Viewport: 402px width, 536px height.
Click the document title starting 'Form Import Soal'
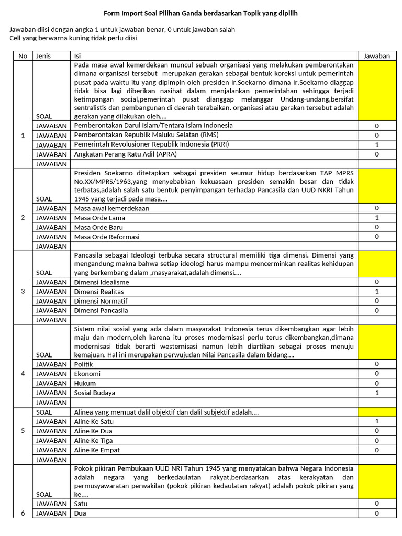coord(200,13)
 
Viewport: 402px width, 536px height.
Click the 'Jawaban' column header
coord(377,56)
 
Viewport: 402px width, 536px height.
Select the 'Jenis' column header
coord(43,56)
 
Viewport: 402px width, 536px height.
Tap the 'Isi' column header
coord(77,56)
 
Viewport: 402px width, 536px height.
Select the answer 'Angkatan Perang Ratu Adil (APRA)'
coord(125,154)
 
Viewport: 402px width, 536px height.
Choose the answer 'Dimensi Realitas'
coord(102,292)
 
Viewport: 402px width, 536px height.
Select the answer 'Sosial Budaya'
coord(95,393)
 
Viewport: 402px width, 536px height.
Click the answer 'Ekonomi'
coord(87,374)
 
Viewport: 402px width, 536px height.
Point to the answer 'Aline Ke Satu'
coord(94,421)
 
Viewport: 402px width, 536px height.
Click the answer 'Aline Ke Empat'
coord(97,450)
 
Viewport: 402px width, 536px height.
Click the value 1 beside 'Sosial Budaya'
coord(377,393)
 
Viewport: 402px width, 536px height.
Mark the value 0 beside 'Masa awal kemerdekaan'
coord(377,208)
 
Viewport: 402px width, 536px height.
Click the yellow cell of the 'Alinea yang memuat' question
coord(377,412)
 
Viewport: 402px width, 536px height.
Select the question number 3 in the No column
coord(23,292)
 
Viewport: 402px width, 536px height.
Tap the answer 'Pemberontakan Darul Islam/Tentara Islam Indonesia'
coord(153,126)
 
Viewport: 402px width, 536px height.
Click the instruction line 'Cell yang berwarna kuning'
coord(73,38)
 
